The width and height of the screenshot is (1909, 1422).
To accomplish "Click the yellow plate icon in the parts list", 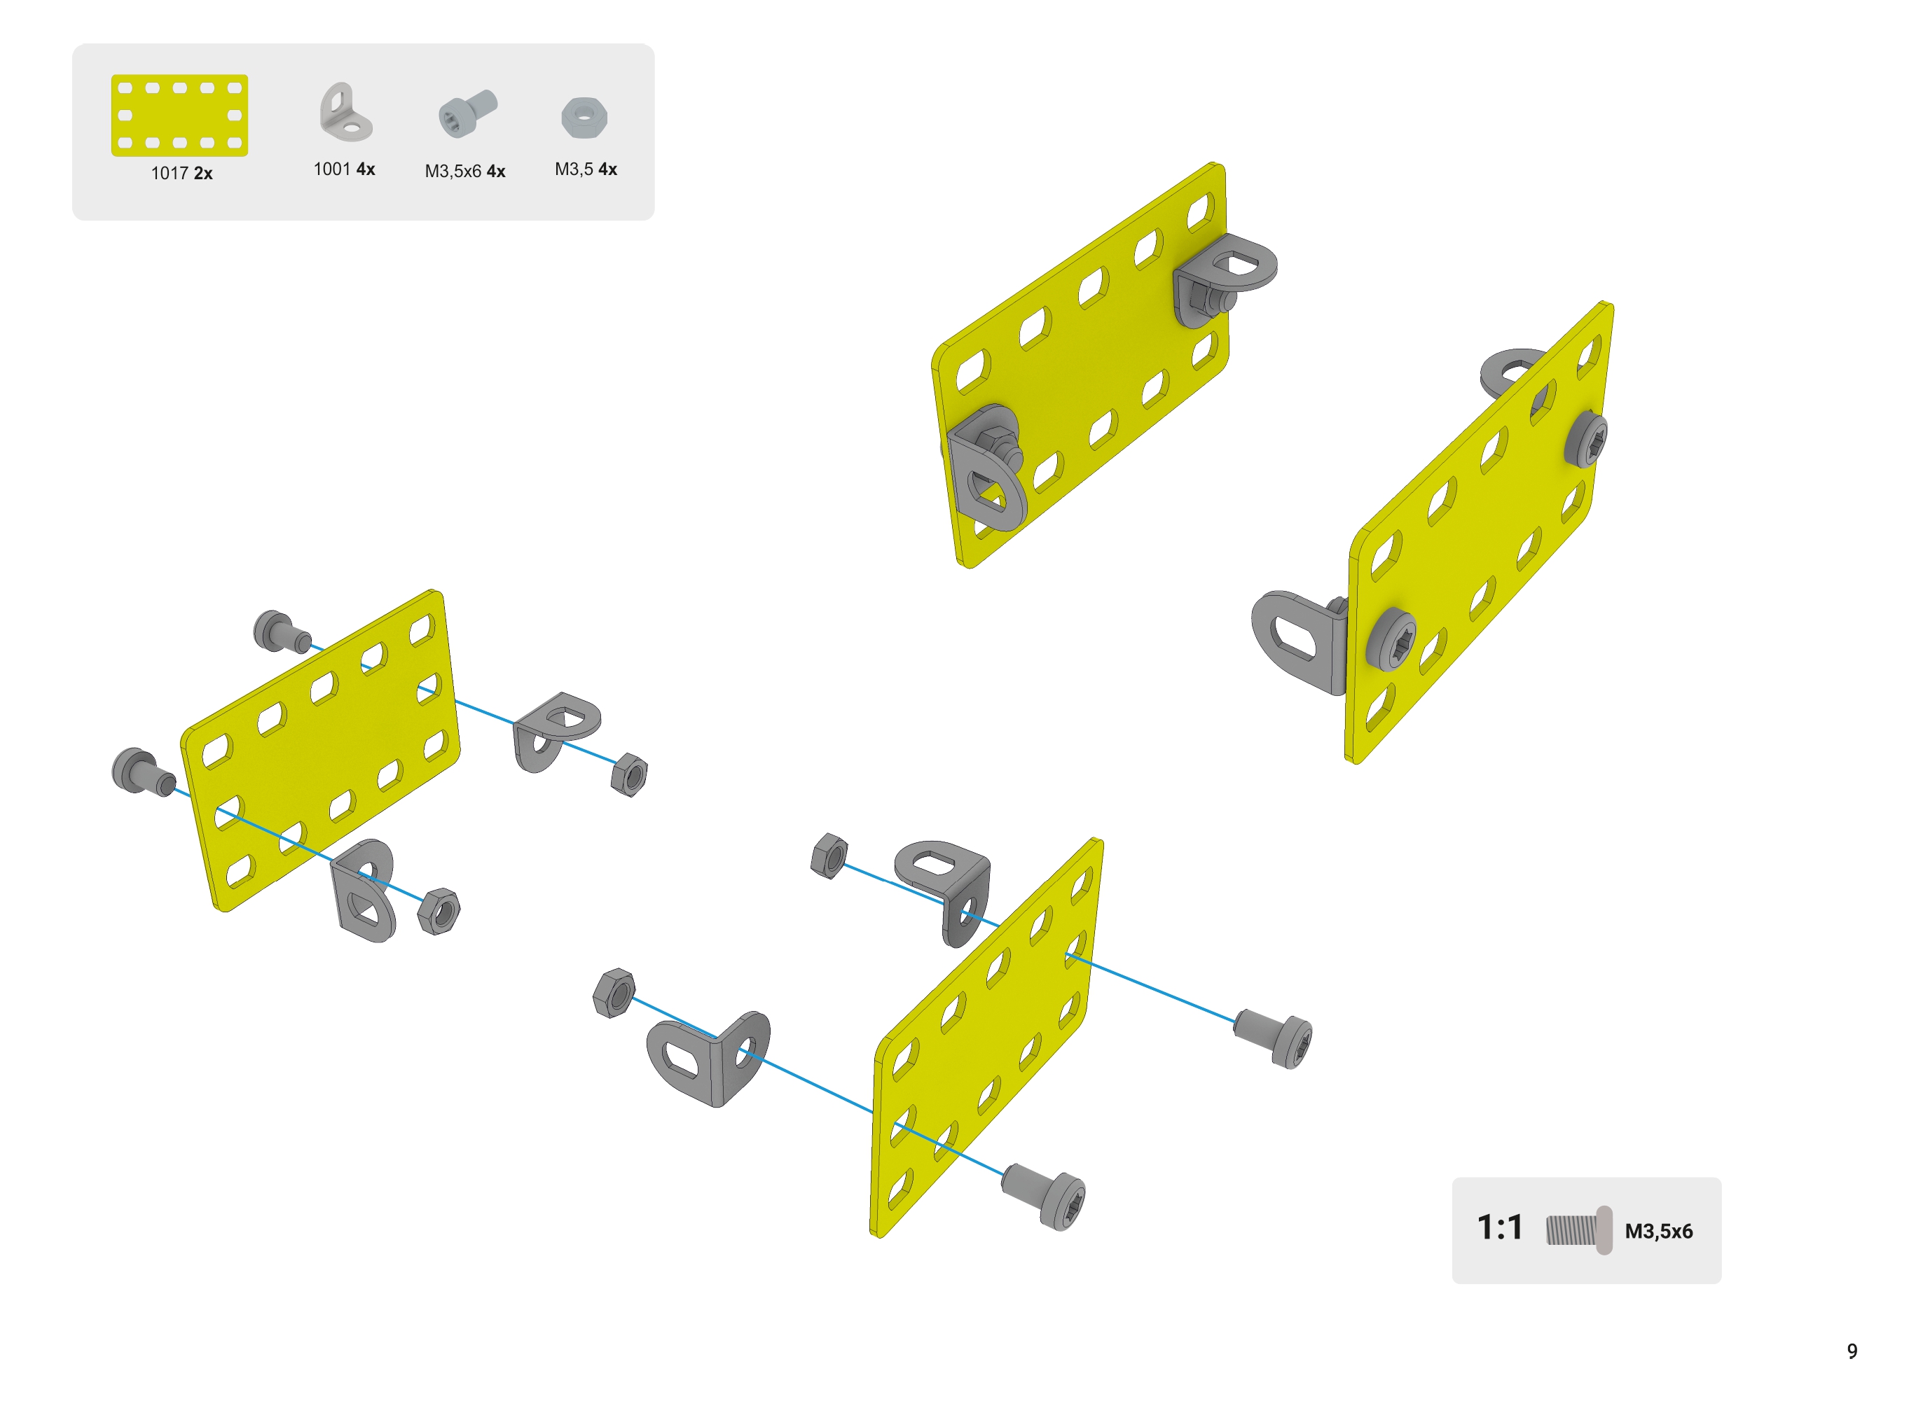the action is (x=179, y=116).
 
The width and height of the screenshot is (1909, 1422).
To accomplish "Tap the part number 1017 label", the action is (x=170, y=173).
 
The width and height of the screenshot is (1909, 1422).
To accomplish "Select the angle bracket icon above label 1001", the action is (x=345, y=112).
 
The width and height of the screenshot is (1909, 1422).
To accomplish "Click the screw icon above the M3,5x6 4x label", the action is (x=467, y=113).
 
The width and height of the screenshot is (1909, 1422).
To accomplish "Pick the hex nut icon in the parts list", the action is (x=585, y=118).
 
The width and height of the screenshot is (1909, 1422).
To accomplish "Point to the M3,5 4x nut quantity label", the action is (x=586, y=169).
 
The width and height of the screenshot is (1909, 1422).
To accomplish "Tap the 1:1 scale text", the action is (x=1499, y=1227).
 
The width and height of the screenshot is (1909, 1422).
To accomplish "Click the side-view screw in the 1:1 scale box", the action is (x=1578, y=1229).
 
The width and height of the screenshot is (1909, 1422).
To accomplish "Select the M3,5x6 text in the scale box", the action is (x=1658, y=1231).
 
